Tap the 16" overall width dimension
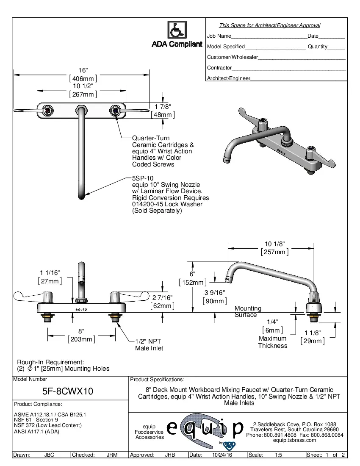pos(83,70)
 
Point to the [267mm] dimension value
pos(83,94)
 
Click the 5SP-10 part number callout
pos(140,178)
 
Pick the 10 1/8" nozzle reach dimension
pos(274,244)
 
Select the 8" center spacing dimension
pos(81,331)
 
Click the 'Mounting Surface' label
pos(248,311)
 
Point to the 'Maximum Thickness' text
pos(272,342)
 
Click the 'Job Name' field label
pos(219,36)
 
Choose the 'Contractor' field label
pos(219,68)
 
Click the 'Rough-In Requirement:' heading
pos(50,362)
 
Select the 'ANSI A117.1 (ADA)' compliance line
pos(36,432)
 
